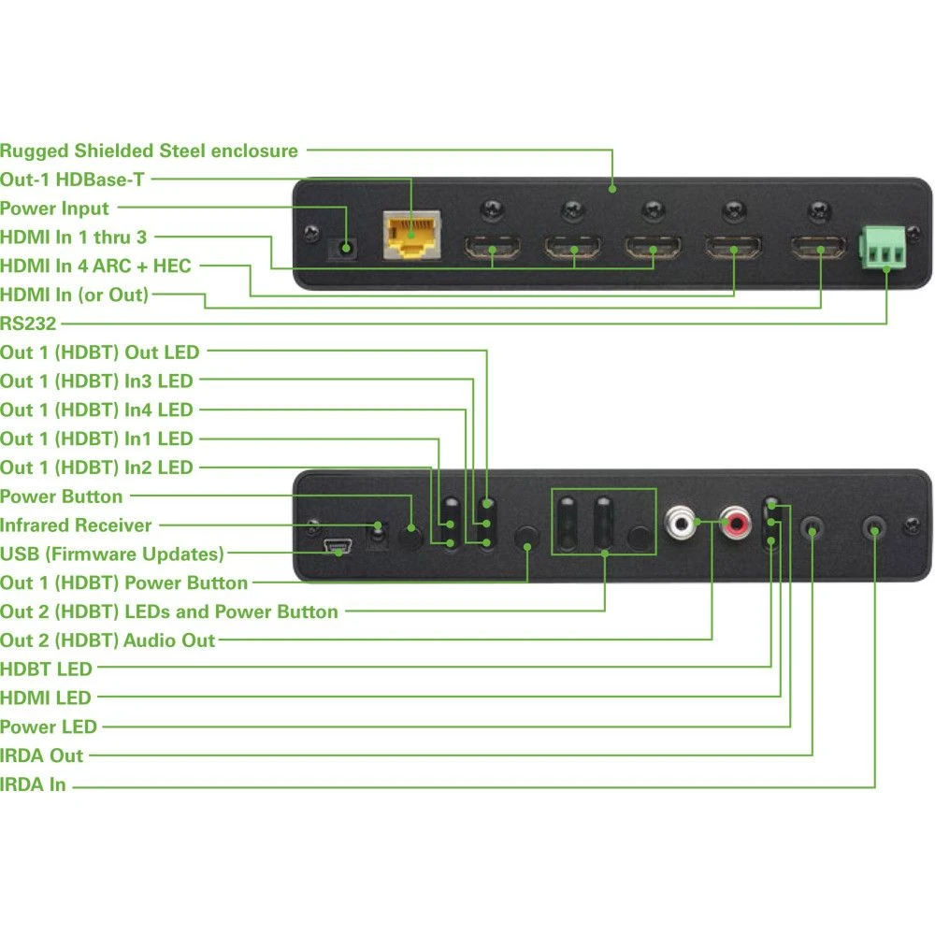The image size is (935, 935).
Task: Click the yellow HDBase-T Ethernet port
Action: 410,237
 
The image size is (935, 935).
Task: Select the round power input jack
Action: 348,248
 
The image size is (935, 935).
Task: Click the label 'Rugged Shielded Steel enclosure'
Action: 150,151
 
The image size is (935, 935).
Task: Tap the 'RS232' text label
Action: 28,324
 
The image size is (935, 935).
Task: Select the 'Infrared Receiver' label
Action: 76,525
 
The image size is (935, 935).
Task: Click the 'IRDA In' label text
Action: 34,785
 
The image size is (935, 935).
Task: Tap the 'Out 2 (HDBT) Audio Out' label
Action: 108,640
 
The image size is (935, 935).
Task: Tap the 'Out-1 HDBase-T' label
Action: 72,180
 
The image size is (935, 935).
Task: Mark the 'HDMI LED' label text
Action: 46,698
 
